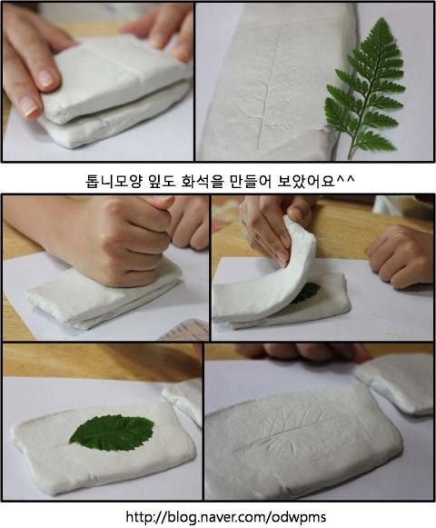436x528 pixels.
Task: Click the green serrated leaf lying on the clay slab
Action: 112,433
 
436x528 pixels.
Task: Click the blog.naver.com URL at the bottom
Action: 226,516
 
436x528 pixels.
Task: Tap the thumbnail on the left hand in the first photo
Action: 29,105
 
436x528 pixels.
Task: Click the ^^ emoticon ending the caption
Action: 345,178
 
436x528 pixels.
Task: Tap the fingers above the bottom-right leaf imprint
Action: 303,352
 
